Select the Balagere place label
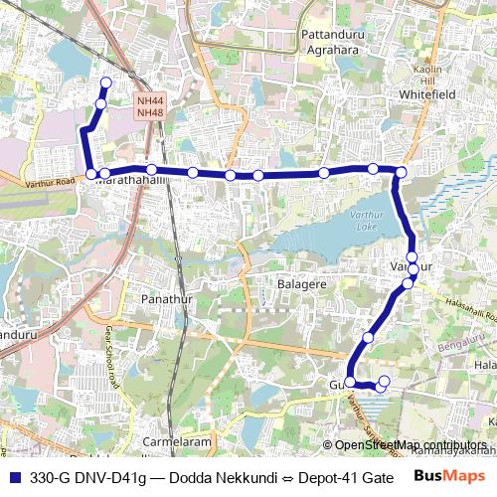pyautogui.click(x=301, y=284)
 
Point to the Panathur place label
pyautogui.click(x=165, y=298)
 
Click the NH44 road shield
pyautogui.click(x=150, y=101)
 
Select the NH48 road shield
pyautogui.click(x=150, y=112)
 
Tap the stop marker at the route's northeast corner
pyautogui.click(x=401, y=174)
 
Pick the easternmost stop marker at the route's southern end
pyautogui.click(x=385, y=381)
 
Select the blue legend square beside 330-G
pyautogui.click(x=13, y=478)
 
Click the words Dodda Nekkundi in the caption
pyautogui.click(x=212, y=478)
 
